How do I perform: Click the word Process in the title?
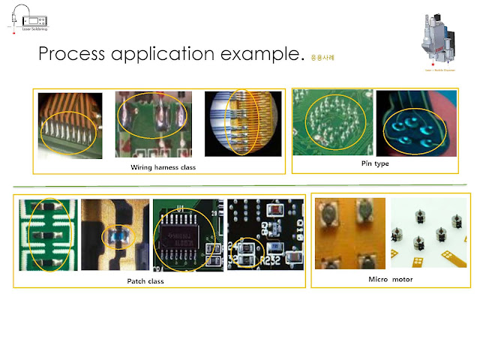(x=71, y=55)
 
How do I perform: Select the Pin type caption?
(x=375, y=163)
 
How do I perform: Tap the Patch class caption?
(x=145, y=281)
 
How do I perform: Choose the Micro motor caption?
(x=390, y=279)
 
